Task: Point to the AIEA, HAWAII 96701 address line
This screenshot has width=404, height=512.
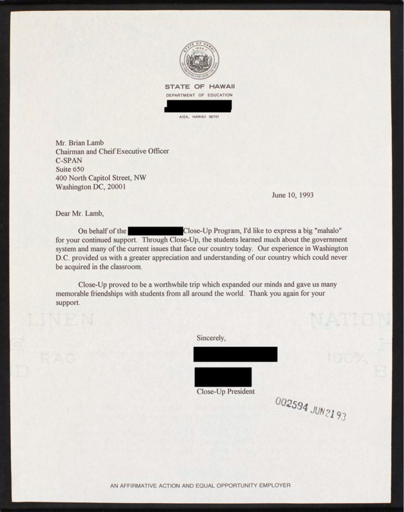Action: [x=198, y=116]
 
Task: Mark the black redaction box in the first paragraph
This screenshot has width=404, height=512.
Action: [x=156, y=229]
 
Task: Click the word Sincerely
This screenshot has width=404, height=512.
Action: [x=212, y=337]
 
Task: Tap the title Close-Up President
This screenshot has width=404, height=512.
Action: [x=225, y=390]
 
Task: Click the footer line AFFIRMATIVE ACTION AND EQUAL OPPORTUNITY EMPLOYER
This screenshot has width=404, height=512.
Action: [x=200, y=486]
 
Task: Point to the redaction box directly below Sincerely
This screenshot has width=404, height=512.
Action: [x=235, y=354]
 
